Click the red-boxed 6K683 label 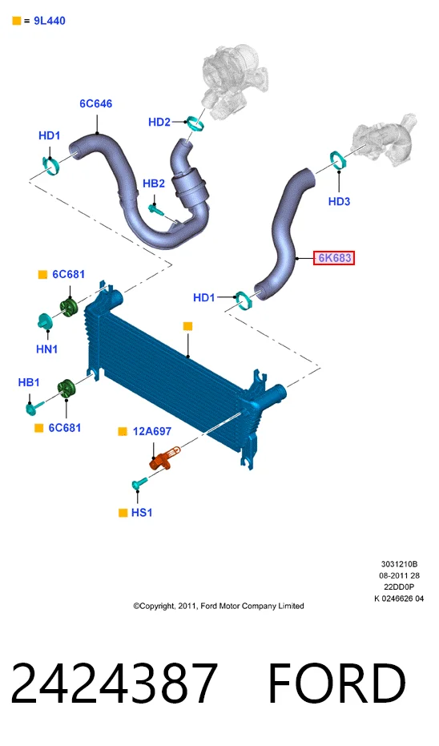pyautogui.click(x=334, y=258)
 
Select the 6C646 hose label pyautogui.click(x=95, y=103)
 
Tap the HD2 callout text pyautogui.click(x=159, y=123)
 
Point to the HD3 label pyautogui.click(x=339, y=201)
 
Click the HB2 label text pyautogui.click(x=154, y=183)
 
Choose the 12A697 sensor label pyautogui.click(x=151, y=432)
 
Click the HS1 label pyautogui.click(x=142, y=512)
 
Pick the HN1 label pyautogui.click(x=47, y=349)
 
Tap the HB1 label pyautogui.click(x=29, y=382)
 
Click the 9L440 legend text pyautogui.click(x=50, y=21)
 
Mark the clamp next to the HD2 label pyautogui.click(x=195, y=123)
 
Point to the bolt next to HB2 pyautogui.click(x=156, y=208)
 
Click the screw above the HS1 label pyautogui.click(x=139, y=484)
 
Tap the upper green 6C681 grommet pyautogui.click(x=69, y=307)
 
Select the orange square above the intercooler pyautogui.click(x=188, y=326)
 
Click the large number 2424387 pyautogui.click(x=114, y=683)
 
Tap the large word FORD pyautogui.click(x=337, y=683)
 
